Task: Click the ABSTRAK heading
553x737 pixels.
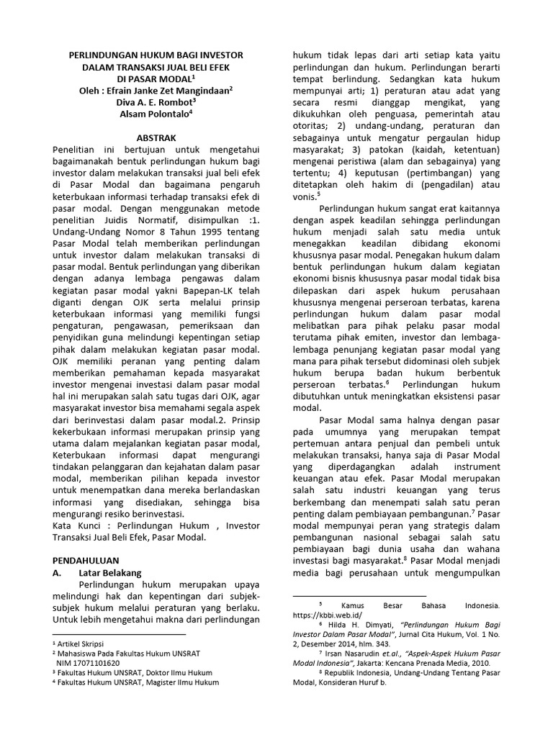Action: click(x=156, y=137)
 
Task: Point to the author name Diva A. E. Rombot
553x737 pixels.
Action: click(x=154, y=101)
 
